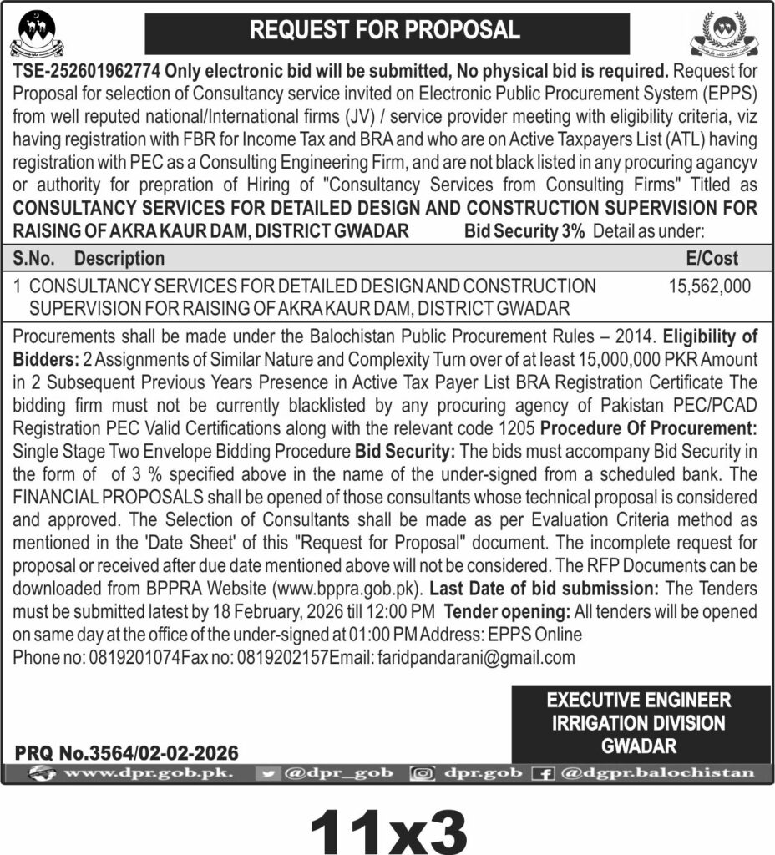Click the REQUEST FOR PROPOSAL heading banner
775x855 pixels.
point(385,31)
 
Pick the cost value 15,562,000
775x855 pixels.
point(709,286)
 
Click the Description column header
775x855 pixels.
point(119,259)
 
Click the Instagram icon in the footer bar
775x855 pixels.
point(423,773)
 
